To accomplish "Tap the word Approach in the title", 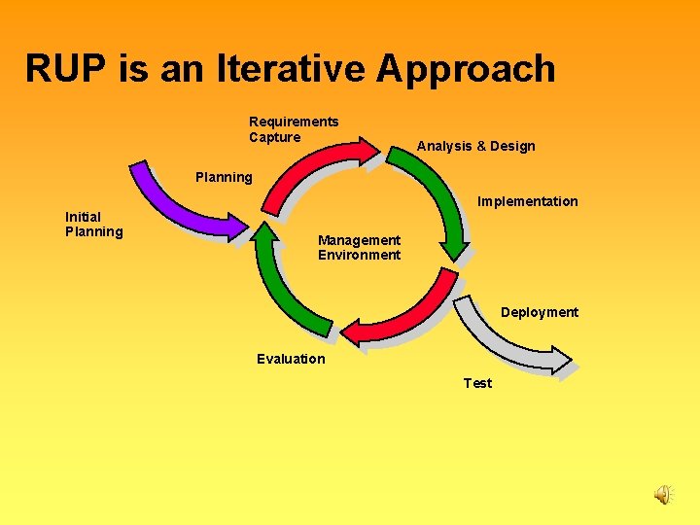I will [x=466, y=69].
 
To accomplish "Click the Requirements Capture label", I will [x=294, y=129].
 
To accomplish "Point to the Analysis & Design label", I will [x=475, y=146].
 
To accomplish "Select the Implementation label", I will [x=527, y=201].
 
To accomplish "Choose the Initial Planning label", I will [x=93, y=224].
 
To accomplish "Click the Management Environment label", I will [x=359, y=247].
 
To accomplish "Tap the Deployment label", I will [x=539, y=312].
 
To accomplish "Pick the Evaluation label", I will [x=291, y=359].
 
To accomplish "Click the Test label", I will [x=477, y=383].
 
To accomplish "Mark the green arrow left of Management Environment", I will [x=282, y=282].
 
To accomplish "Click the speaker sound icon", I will [x=662, y=495].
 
